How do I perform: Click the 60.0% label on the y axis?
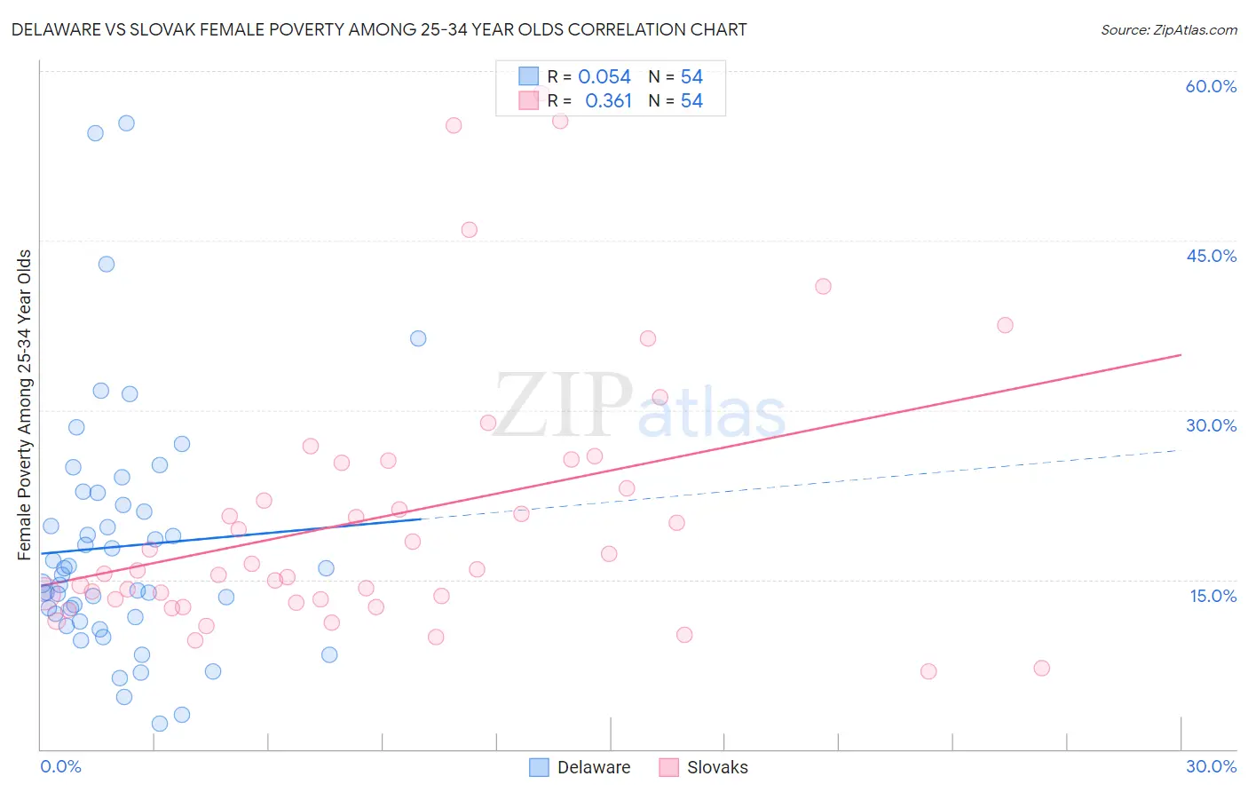coord(1211,86)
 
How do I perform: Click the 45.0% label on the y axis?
coord(1211,256)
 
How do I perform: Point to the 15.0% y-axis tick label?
coord(1212,596)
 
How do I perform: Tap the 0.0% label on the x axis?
coord(60,766)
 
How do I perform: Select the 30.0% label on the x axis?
coord(1211,766)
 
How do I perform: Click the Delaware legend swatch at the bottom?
coord(539,767)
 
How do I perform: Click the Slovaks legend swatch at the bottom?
coord(668,767)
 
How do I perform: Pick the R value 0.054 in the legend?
coord(604,77)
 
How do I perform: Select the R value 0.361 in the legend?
coord(608,101)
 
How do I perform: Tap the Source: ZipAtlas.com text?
coord(1168,29)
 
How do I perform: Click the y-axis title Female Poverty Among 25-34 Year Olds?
coord(25,405)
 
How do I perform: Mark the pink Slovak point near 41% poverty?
coord(823,286)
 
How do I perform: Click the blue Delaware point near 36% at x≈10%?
coord(418,338)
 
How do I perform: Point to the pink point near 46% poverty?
coord(470,230)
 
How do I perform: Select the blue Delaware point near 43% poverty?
coord(107,264)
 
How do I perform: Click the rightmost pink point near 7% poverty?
coord(1042,668)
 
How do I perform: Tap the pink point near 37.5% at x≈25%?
coord(1005,325)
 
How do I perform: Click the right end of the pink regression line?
coord(1180,355)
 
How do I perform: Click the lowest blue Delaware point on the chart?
coord(160,724)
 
